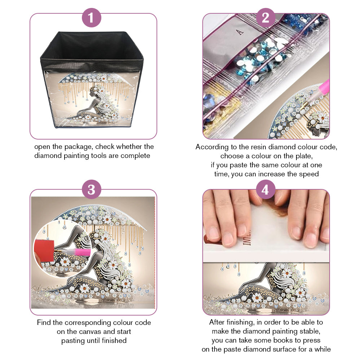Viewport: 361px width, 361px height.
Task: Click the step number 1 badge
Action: [x=91, y=18]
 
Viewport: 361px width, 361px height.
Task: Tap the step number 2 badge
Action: [x=265, y=18]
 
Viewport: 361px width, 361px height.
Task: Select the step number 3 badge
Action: [x=91, y=189]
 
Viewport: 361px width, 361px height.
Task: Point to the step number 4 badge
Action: [x=265, y=189]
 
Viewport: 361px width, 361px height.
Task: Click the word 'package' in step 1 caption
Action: [x=79, y=147]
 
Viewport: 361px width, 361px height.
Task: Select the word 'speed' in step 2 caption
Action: [x=309, y=174]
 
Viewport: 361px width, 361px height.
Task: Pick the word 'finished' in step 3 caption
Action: [x=114, y=340]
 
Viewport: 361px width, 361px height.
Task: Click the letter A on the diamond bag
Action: [x=240, y=32]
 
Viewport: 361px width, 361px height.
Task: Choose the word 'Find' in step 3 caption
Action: [x=44, y=322]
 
